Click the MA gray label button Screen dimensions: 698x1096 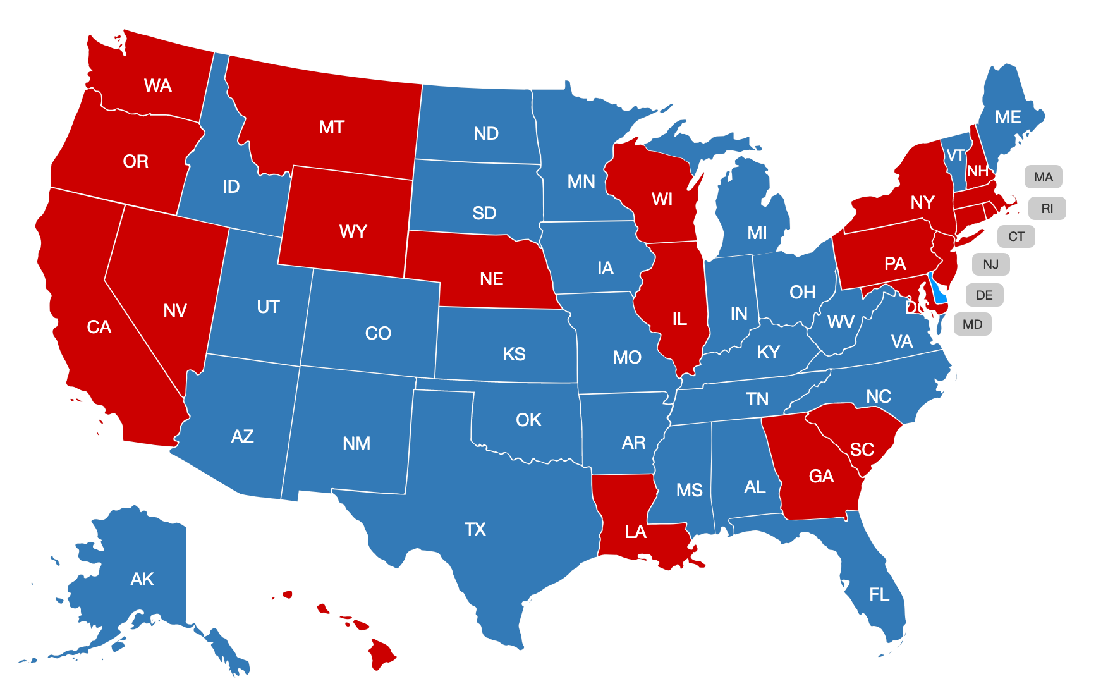1043,177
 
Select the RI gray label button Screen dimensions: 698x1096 1047,209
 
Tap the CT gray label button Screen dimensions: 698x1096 1016,236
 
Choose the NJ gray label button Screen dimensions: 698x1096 990,264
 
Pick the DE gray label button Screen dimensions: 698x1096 984,295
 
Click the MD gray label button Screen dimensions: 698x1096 972,324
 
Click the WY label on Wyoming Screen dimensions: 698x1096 353,231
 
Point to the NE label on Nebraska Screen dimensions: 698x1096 491,279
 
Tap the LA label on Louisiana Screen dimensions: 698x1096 635,532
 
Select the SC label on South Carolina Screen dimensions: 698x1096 862,450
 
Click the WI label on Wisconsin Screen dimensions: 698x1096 662,200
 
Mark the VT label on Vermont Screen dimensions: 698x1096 955,156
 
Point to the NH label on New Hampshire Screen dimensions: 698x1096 977,171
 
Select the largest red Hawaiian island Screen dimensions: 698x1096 381,654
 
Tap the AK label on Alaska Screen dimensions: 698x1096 142,579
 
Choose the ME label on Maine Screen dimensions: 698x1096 1008,118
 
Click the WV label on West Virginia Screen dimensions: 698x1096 840,322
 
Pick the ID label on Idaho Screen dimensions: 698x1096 231,187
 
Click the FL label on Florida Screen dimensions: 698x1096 879,594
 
